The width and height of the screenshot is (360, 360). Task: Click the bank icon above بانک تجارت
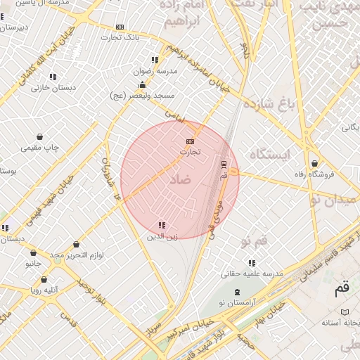click(x=120, y=27)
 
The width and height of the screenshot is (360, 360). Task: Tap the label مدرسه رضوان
click(x=155, y=71)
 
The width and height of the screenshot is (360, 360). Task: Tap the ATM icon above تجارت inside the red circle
click(x=190, y=141)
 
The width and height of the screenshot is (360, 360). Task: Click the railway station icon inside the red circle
click(x=224, y=165)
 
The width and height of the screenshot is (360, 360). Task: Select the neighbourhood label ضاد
click(x=180, y=180)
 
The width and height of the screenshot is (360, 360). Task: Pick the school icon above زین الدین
click(x=162, y=226)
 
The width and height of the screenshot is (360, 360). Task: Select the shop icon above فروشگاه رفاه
click(x=314, y=163)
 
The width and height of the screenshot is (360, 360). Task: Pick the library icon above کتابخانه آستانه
click(x=344, y=311)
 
